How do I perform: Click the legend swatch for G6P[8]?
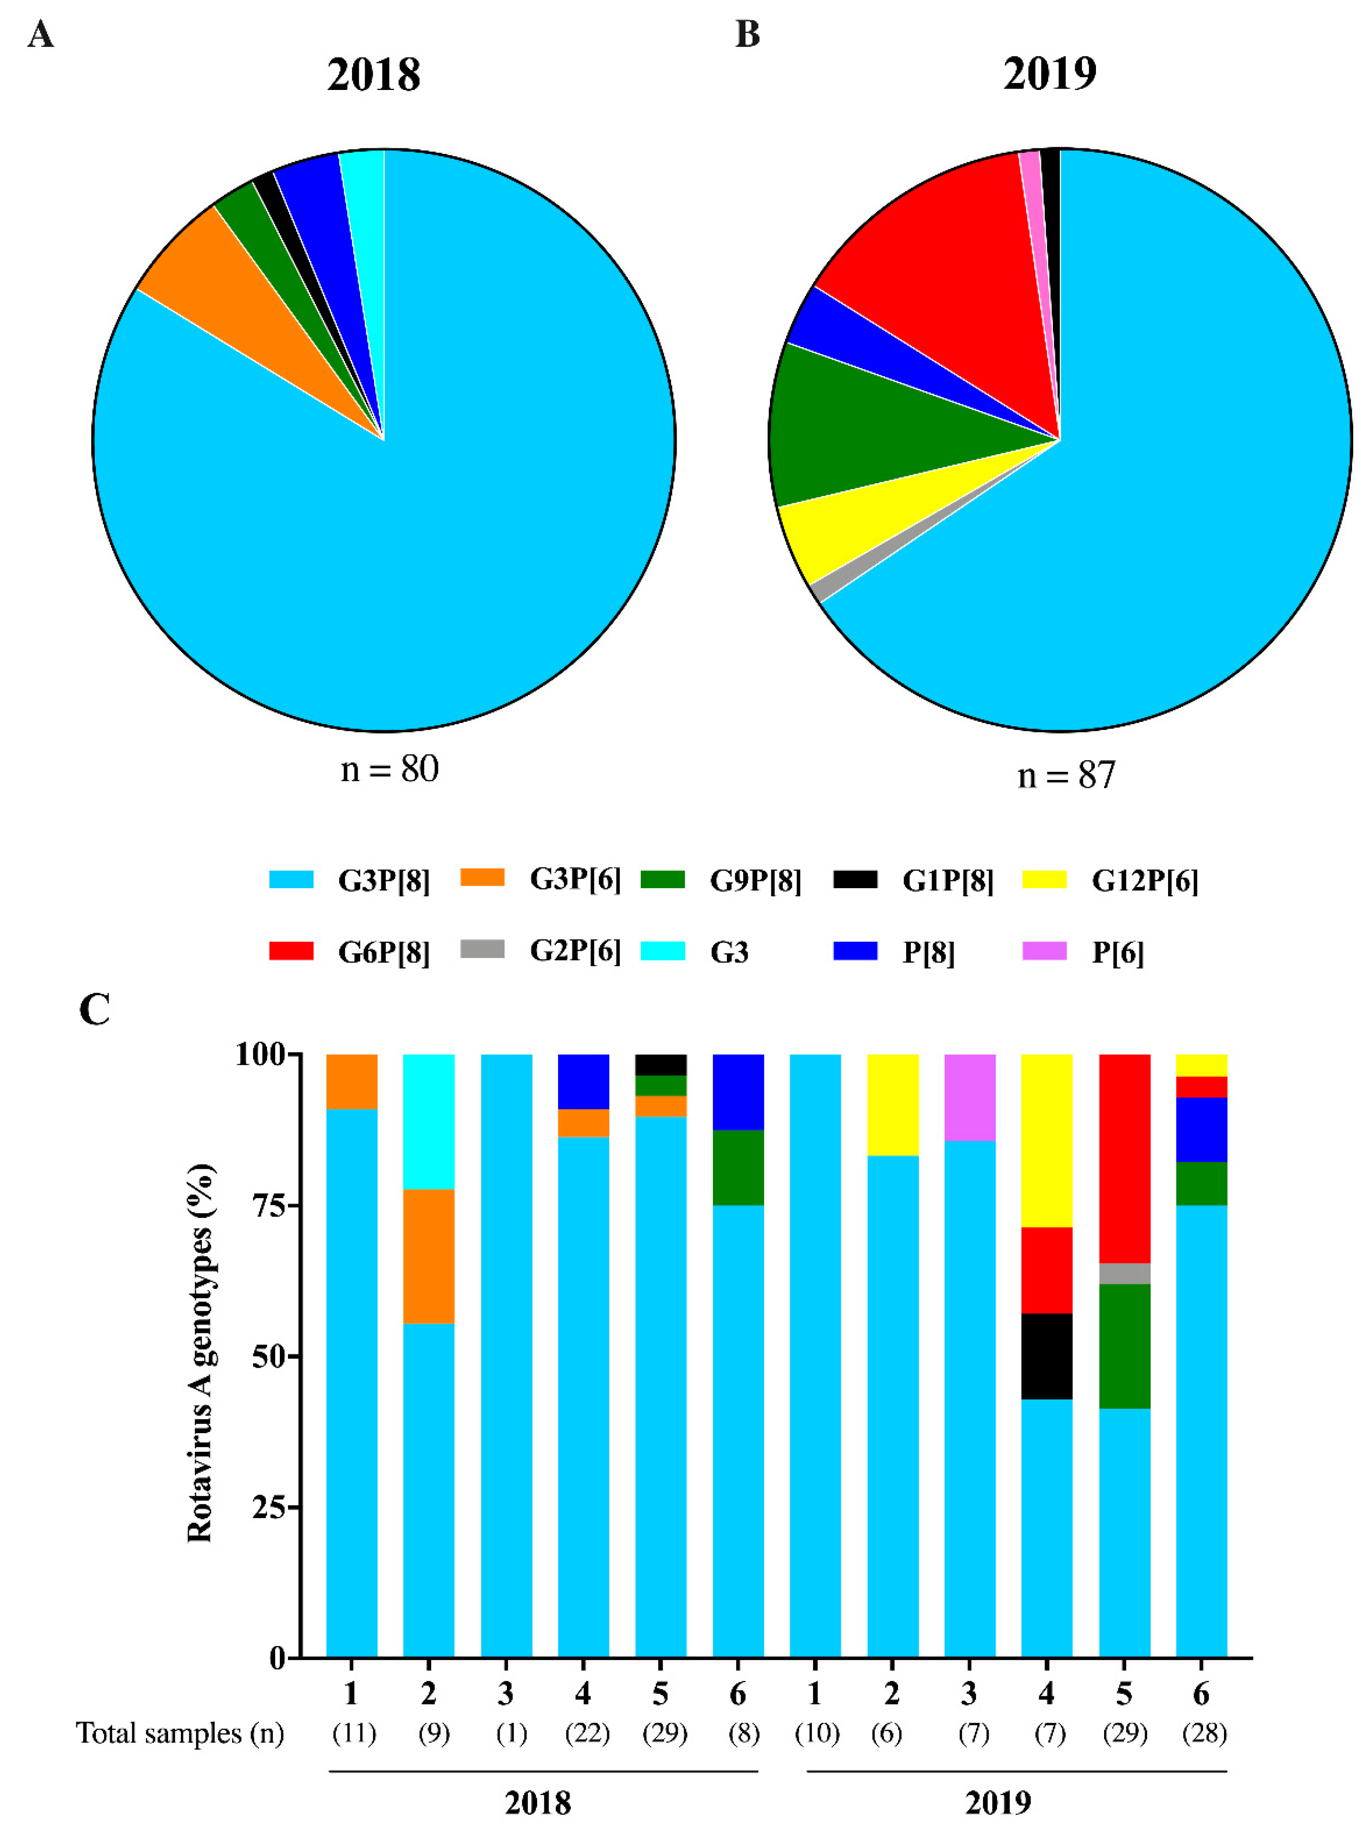(291, 951)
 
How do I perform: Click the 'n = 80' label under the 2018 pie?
(389, 769)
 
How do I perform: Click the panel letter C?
(94, 1010)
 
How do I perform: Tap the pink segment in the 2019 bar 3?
(970, 1098)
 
